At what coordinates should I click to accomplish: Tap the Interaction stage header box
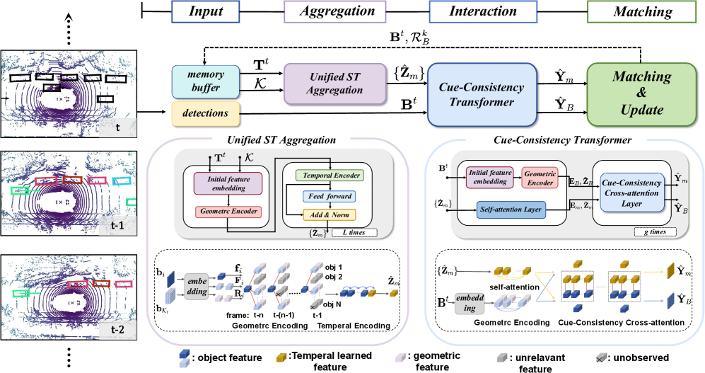[483, 11]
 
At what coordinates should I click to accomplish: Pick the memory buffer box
[205, 81]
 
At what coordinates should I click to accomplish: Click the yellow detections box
[205, 113]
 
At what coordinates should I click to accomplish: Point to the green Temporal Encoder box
[322, 175]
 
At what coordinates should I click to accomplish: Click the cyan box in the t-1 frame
[122, 180]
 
